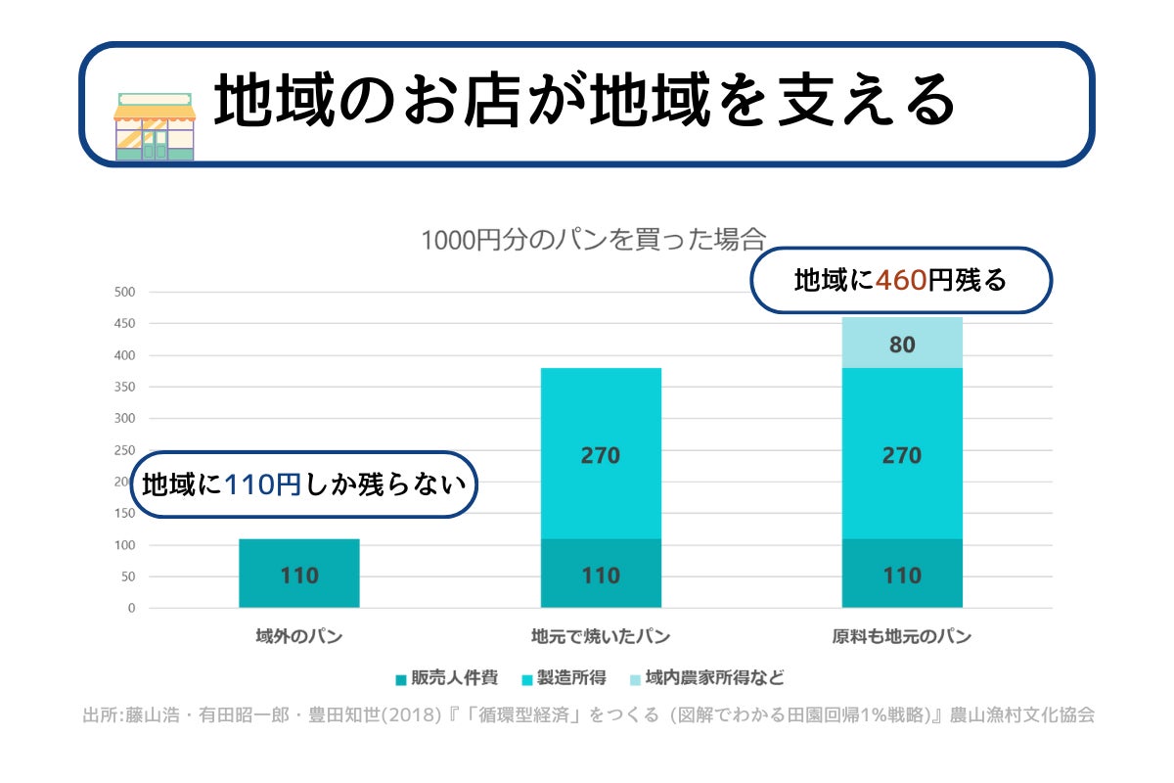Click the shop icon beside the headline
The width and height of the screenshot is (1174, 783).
tap(155, 126)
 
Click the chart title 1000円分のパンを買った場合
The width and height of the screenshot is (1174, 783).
tap(592, 240)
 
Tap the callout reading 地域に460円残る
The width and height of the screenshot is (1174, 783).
tap(900, 281)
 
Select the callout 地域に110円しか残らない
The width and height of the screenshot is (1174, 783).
tap(303, 484)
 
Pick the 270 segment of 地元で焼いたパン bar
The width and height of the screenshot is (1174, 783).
tap(601, 454)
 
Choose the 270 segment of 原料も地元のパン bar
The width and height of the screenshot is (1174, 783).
tap(902, 454)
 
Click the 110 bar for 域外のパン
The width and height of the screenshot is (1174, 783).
tap(299, 574)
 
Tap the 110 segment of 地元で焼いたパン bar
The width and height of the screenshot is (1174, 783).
tap(601, 574)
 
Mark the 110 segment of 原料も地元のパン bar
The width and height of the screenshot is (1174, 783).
tap(902, 574)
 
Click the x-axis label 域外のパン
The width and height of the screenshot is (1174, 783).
tap(299, 636)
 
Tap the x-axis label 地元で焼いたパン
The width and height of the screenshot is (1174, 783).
tap(601, 636)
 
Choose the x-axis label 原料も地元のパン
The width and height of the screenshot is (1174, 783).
tap(902, 636)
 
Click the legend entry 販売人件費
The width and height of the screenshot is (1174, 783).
tap(446, 677)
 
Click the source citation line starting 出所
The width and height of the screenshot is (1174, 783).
tap(587, 714)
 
